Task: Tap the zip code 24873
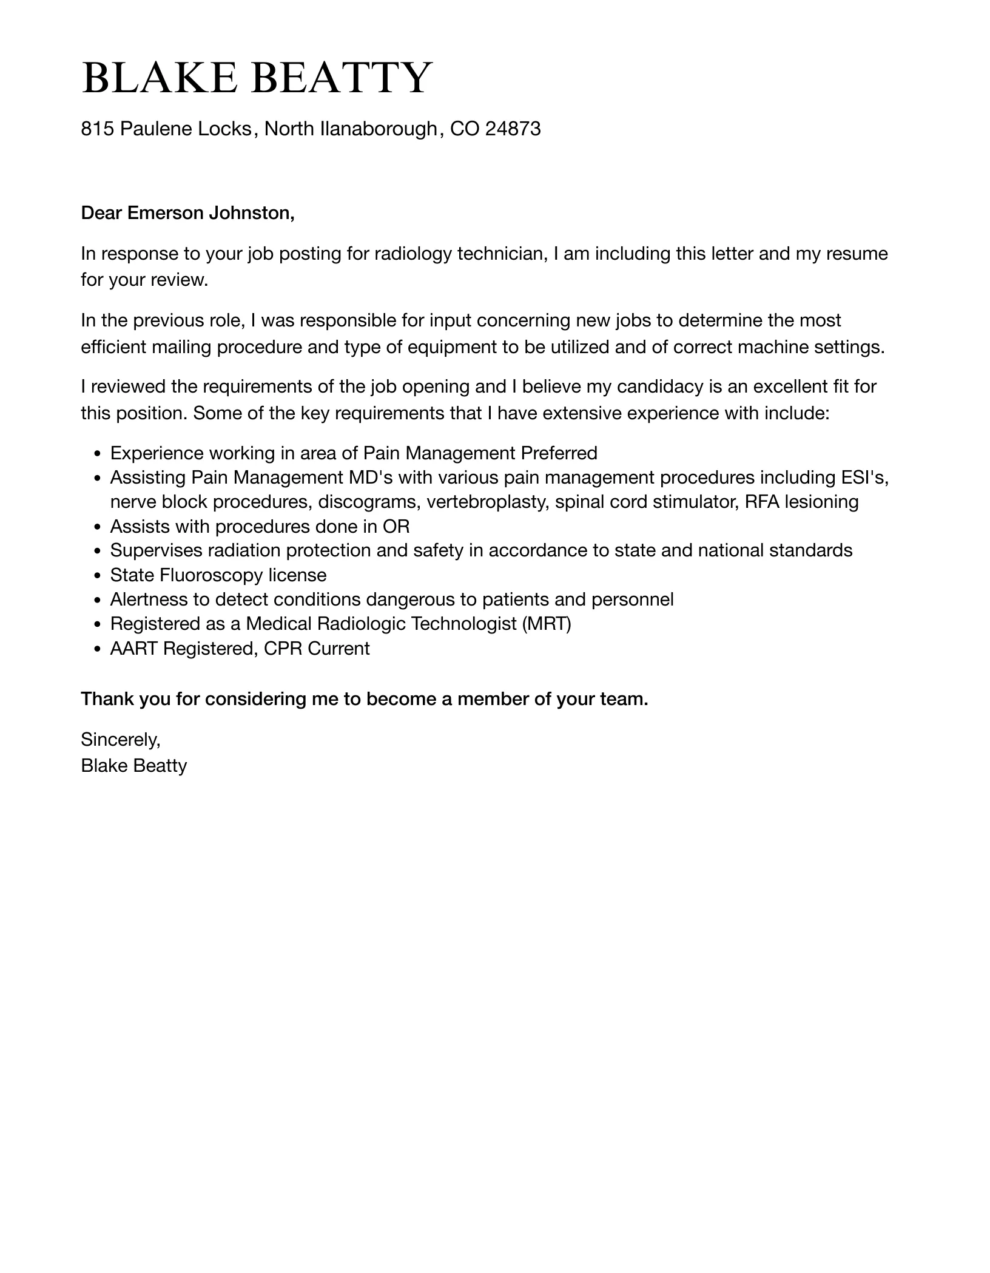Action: coord(513,129)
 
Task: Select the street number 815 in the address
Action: coord(98,129)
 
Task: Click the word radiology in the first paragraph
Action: coord(412,254)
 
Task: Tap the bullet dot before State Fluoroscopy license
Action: coord(97,576)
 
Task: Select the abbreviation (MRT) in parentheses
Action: coord(546,624)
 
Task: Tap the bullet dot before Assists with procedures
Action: coord(97,527)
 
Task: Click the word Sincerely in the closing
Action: coord(120,740)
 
